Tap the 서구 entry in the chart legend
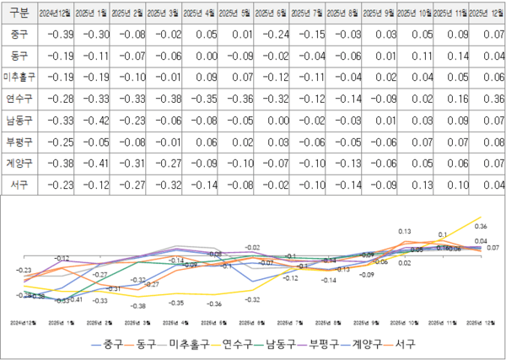point(405,345)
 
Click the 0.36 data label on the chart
point(482,226)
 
